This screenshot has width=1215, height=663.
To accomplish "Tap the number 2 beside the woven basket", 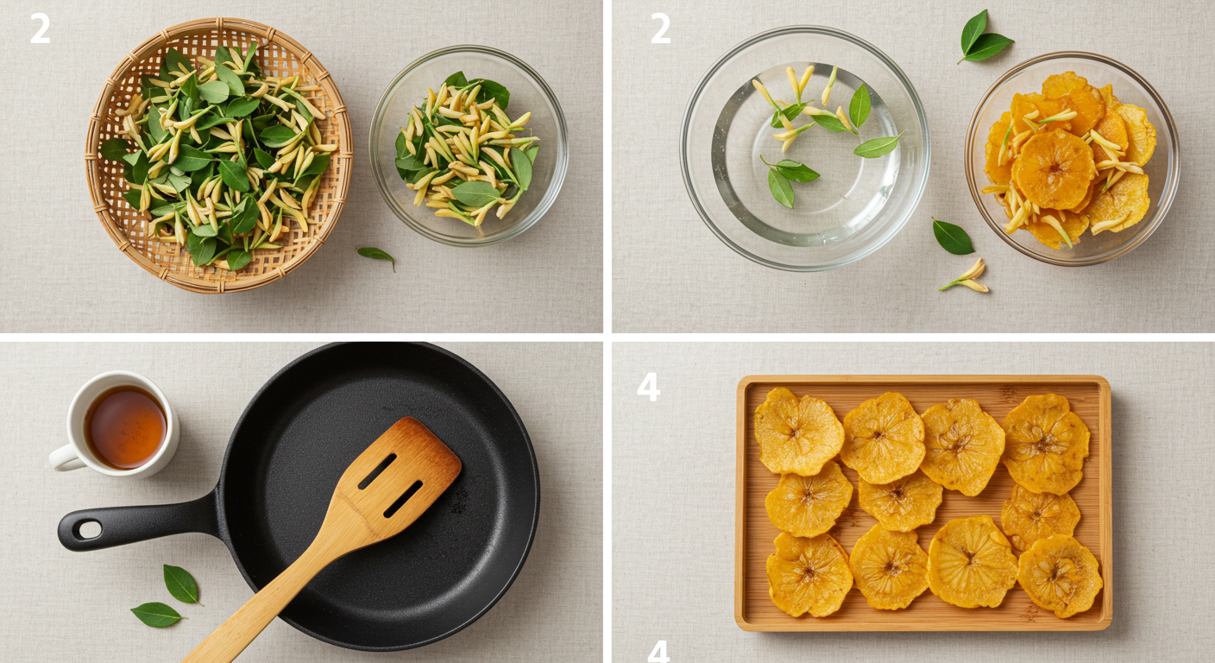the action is [41, 28].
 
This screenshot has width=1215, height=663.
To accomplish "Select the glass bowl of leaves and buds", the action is [469, 145].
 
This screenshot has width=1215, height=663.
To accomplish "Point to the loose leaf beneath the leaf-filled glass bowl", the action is [377, 256].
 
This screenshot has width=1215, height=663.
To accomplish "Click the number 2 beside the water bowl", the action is [660, 28].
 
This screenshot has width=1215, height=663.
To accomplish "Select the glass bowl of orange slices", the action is [1072, 159].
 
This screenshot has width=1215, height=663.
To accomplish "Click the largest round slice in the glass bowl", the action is [1053, 168].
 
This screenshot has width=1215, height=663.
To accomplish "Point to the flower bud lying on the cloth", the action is [966, 276].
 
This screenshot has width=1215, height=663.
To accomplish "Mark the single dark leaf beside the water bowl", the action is [953, 237].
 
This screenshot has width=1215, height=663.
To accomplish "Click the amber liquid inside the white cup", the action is [126, 426].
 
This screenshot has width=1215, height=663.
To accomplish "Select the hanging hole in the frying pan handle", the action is [90, 529].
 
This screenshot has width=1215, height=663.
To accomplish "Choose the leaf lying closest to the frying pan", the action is [181, 584].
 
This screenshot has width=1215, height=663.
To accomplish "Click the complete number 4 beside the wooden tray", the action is [648, 387].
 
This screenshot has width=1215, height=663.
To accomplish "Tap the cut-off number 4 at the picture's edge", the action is [658, 652].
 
